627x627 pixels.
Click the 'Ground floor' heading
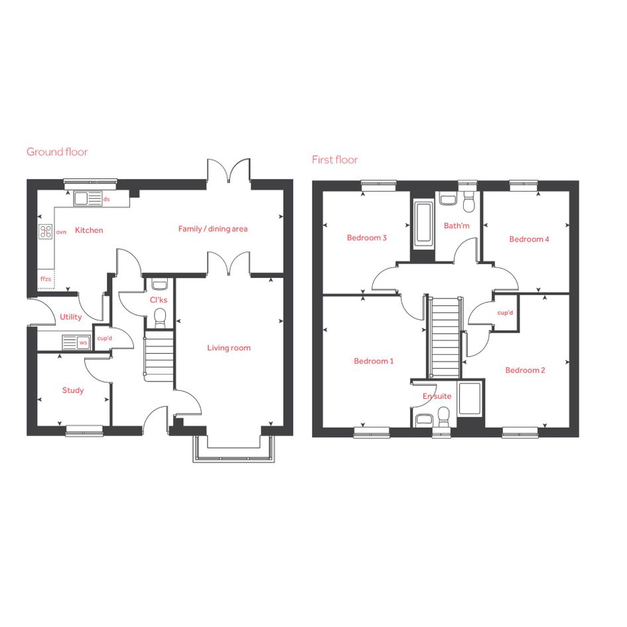pos(57,152)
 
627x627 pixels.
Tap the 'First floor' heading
pos(334,160)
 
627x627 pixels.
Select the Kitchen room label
pos(89,230)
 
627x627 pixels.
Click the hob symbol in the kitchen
pos(46,232)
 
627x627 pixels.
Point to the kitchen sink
pos(88,199)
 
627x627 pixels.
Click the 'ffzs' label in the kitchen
pos(46,279)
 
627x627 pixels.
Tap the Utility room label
pos(71,316)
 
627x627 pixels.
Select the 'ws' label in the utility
pos(83,342)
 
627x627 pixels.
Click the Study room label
pos(73,390)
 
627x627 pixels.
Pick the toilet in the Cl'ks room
pos(160,317)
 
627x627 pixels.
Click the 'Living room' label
pos(229,348)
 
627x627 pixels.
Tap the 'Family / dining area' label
pos(213,229)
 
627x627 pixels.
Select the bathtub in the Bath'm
pos(423,224)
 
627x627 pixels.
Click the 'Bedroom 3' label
pos(367,238)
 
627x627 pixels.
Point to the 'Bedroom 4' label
pos(529,239)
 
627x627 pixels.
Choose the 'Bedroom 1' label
pos(374,361)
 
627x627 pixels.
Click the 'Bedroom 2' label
pos(525,370)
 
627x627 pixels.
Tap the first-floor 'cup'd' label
pos(505,313)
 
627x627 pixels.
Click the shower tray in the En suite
pos(470,399)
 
